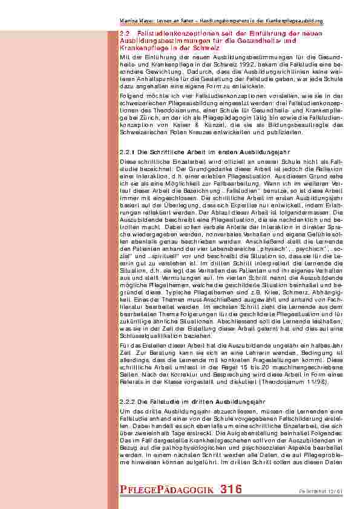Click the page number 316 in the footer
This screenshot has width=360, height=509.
point(231,488)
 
